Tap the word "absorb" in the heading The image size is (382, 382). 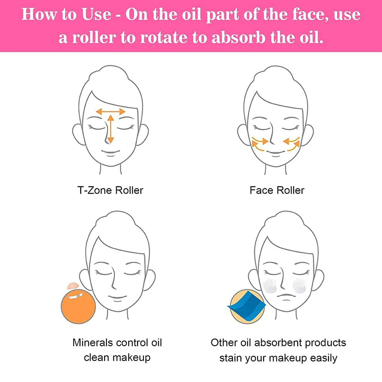(x=238, y=37)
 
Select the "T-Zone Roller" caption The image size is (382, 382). (x=110, y=190)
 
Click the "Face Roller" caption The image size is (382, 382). (x=277, y=190)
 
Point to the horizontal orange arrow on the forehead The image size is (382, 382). (x=110, y=112)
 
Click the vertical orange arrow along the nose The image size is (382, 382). (x=111, y=129)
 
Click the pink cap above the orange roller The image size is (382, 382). (x=73, y=286)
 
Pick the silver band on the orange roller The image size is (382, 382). (x=76, y=296)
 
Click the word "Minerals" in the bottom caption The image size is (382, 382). (x=92, y=343)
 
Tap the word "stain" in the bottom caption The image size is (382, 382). (x=231, y=358)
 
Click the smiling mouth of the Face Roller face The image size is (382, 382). (x=276, y=152)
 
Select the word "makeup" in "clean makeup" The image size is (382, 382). (x=132, y=358)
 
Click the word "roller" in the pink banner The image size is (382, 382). (x=94, y=37)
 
